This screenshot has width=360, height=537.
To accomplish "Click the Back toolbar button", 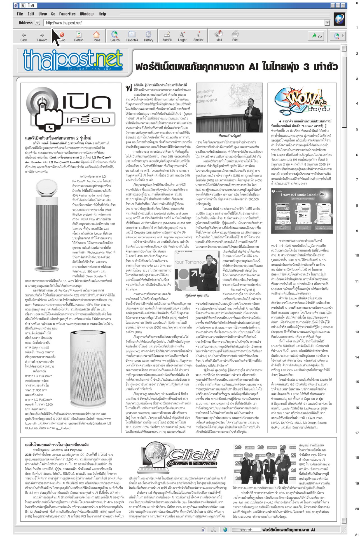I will coord(24,36).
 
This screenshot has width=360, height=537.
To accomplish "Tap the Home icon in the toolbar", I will coord(96,36).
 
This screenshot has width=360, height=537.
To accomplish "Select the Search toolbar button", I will coord(115,36).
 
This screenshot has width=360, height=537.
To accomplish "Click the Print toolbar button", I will coord(235,36).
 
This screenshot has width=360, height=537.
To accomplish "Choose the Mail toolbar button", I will coord(219,36).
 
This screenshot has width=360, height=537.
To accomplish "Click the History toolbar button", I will coord(148,36).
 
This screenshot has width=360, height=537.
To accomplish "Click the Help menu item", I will coord(102,14).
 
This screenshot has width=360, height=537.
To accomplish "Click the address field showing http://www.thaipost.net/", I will coord(185,23).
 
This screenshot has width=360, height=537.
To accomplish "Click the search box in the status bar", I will coord(246,530).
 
